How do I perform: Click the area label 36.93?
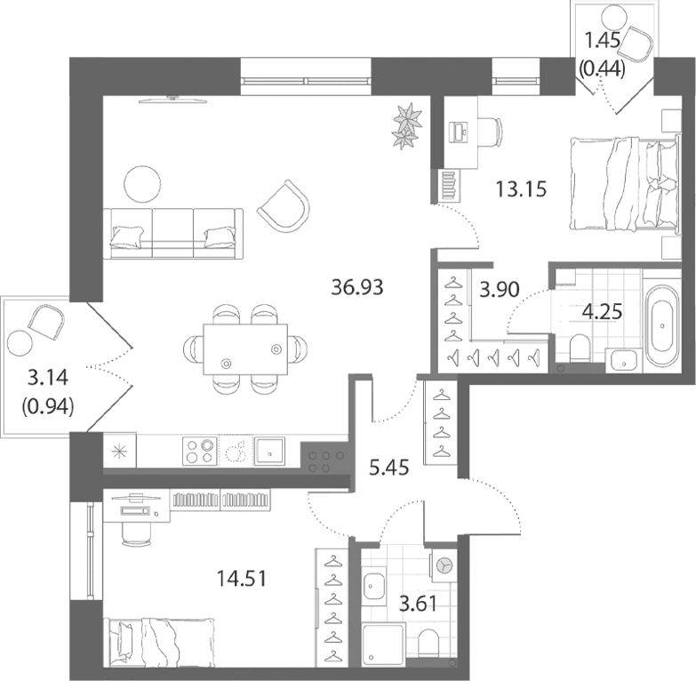click(x=357, y=287)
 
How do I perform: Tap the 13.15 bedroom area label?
click(x=521, y=189)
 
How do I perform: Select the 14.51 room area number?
click(x=241, y=579)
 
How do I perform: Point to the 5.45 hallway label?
click(x=389, y=467)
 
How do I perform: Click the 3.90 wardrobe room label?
click(x=500, y=290)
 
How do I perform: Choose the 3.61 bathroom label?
click(x=418, y=604)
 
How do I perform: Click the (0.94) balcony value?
click(x=47, y=406)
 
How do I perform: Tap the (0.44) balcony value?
click(x=603, y=68)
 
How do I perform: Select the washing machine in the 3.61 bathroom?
click(x=443, y=565)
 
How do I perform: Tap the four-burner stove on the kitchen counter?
click(x=200, y=451)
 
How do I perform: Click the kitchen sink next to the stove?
click(x=269, y=451)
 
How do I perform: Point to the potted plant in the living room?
click(x=406, y=125)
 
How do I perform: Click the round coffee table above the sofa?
click(x=142, y=184)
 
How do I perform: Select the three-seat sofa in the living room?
click(x=173, y=234)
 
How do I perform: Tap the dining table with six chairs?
click(x=245, y=349)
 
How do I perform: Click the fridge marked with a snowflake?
click(x=120, y=451)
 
